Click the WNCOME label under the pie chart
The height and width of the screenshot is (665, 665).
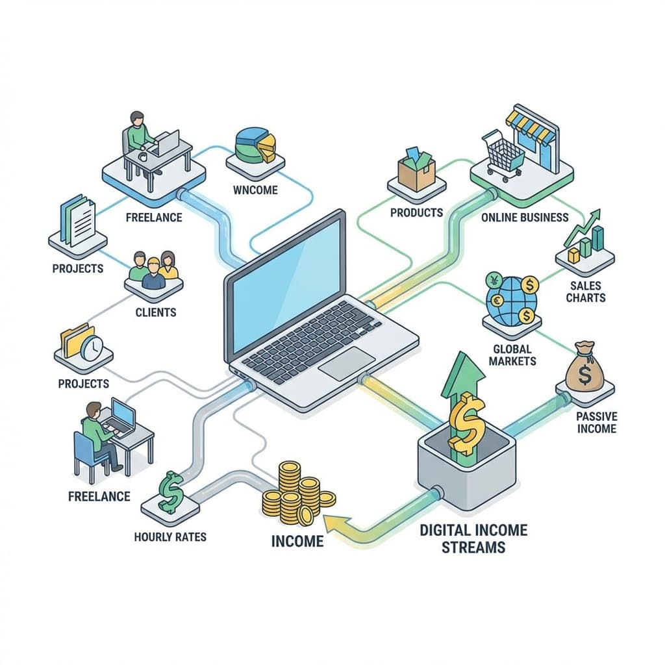[x=255, y=190]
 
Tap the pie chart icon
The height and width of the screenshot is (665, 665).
[x=255, y=144]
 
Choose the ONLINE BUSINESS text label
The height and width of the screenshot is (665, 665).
[x=525, y=218]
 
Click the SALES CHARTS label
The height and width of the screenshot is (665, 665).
[x=585, y=292]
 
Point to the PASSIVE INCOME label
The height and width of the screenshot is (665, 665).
[x=596, y=422]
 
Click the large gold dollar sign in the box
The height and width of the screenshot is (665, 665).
[x=465, y=425]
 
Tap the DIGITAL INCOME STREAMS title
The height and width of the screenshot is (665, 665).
[x=473, y=538]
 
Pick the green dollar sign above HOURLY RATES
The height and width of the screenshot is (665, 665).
[x=171, y=492]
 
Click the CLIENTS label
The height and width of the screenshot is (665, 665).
[x=155, y=312]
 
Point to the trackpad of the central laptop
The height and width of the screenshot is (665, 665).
[x=347, y=363]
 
